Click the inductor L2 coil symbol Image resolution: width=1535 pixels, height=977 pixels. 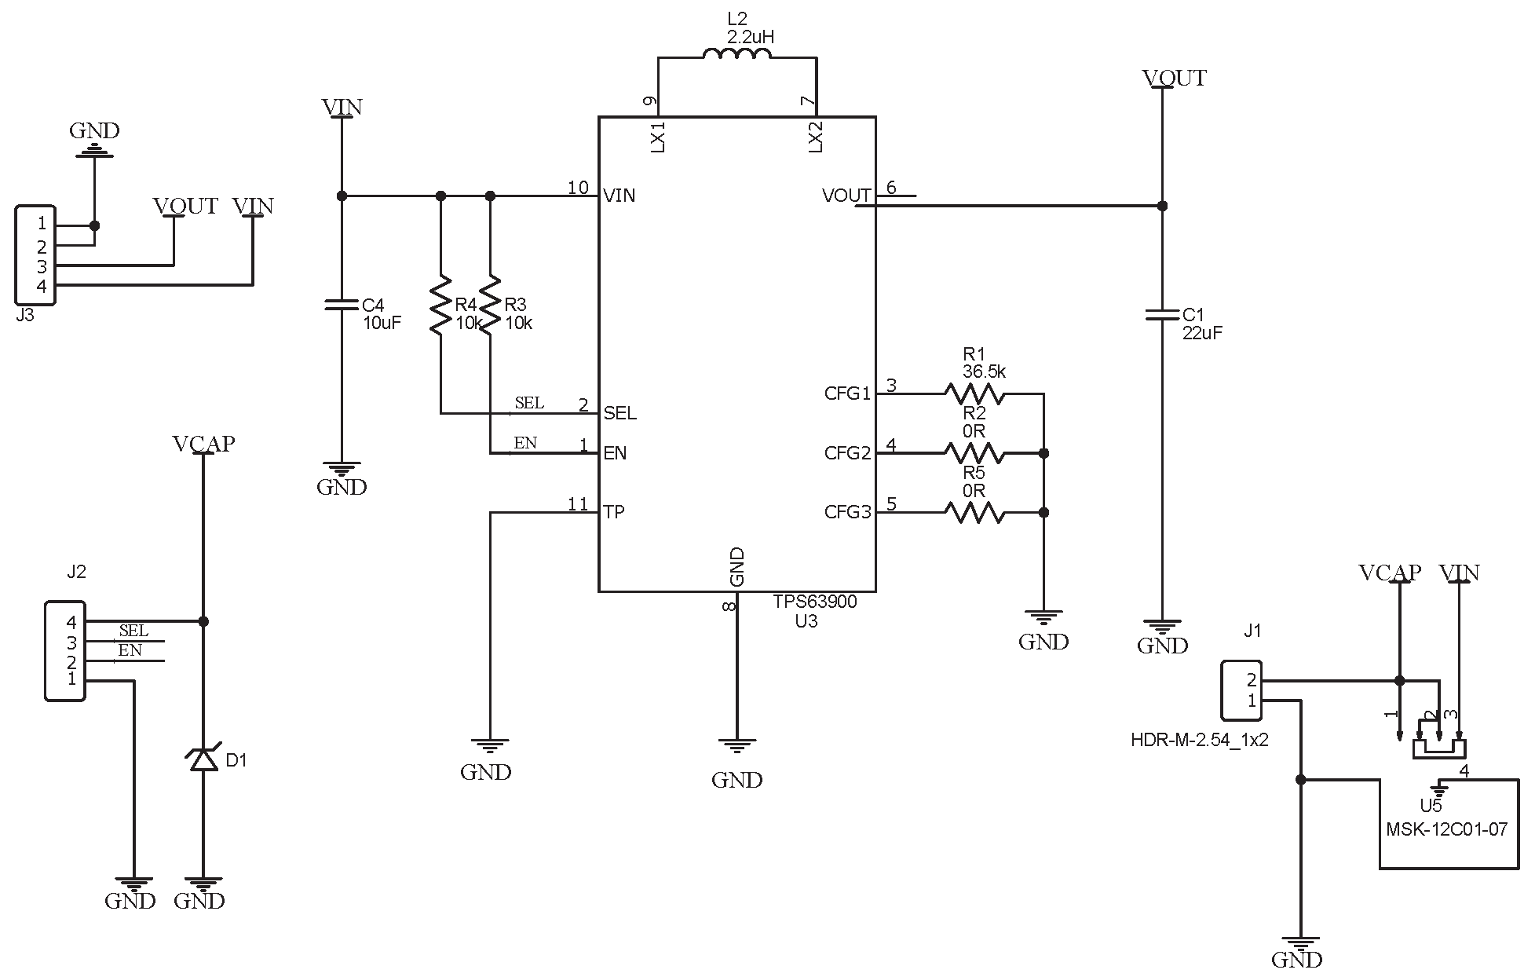pyautogui.click(x=736, y=54)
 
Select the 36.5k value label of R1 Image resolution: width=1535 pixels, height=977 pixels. pyautogui.click(x=984, y=371)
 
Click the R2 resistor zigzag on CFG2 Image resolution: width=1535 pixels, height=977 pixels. pyautogui.click(x=974, y=453)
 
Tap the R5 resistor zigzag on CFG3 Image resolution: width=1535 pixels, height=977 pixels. pyautogui.click(x=974, y=513)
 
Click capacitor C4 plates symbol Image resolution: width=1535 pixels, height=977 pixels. pyautogui.click(x=342, y=305)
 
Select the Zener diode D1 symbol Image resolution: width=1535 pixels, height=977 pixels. pyautogui.click(x=203, y=758)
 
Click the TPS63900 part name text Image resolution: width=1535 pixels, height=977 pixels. pyautogui.click(x=814, y=602)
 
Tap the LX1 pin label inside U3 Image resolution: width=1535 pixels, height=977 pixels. pyautogui.click(x=659, y=137)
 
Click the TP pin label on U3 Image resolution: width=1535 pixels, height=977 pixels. pyautogui.click(x=613, y=513)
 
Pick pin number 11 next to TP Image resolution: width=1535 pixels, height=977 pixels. pyautogui.click(x=578, y=505)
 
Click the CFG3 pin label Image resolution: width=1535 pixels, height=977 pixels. pyautogui.click(x=847, y=513)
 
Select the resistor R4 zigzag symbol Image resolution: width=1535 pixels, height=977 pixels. pyautogui.click(x=440, y=304)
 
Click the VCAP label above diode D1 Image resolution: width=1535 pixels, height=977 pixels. pyautogui.click(x=203, y=445)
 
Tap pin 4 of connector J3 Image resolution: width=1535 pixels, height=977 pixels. pyautogui.click(x=42, y=287)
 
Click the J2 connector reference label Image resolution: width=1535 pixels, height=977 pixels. pyautogui.click(x=76, y=573)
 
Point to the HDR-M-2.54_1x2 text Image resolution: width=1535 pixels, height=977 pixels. pyautogui.click(x=1199, y=740)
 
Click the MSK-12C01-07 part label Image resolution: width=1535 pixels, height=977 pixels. pyautogui.click(x=1446, y=829)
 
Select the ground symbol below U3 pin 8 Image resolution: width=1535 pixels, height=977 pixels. pyautogui.click(x=736, y=745)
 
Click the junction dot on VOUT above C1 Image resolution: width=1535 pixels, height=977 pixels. pyautogui.click(x=1162, y=206)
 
